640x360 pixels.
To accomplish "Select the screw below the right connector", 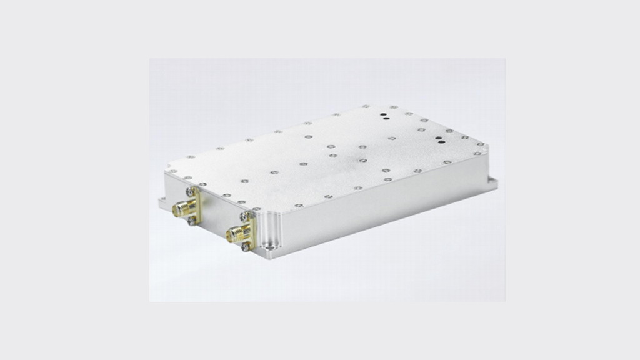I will pos(246,247).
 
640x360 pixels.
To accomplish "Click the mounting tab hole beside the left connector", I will pos(164,201).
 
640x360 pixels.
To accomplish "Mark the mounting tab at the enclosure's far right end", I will pos(492,183).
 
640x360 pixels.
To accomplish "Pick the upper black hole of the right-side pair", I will pos(437,136).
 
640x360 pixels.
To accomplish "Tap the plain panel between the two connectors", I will pos(216,212).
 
